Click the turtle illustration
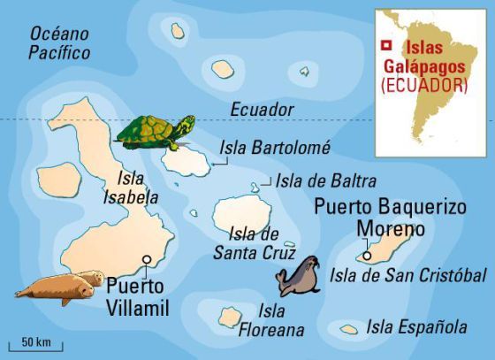click(x=155, y=133)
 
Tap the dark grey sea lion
click(x=297, y=277)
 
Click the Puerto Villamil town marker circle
click(x=146, y=260)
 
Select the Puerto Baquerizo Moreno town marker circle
click(x=366, y=257)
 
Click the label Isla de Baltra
click(x=326, y=180)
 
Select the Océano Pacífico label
click(x=60, y=43)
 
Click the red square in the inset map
click(x=385, y=46)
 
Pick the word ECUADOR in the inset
click(x=423, y=86)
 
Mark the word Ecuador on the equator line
click(x=261, y=109)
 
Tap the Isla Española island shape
click(x=349, y=329)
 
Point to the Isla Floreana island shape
click(x=231, y=316)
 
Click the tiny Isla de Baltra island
click(x=255, y=187)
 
